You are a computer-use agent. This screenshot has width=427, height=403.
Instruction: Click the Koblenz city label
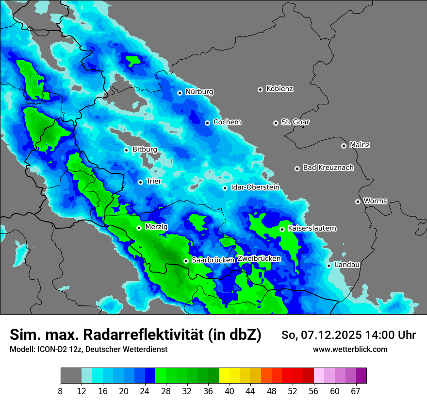click(279, 89)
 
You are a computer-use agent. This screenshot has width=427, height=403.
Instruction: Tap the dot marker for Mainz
click(344, 146)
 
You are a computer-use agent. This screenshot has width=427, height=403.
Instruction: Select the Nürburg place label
click(199, 92)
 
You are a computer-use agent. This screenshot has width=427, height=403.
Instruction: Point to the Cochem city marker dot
click(207, 123)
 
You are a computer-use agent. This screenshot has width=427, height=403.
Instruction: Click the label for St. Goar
click(295, 122)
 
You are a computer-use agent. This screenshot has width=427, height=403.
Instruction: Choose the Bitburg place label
click(145, 150)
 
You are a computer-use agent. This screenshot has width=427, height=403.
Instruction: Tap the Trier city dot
click(140, 182)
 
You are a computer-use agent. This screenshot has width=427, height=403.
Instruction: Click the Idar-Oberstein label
click(255, 187)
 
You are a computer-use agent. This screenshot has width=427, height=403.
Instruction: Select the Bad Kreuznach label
click(328, 168)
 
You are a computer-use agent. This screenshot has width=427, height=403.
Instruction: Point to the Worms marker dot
click(358, 201)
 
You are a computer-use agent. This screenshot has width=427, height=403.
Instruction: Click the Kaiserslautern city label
click(312, 228)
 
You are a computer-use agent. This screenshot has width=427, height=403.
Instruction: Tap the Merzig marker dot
click(139, 228)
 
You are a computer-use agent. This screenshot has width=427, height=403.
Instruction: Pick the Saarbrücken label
click(213, 260)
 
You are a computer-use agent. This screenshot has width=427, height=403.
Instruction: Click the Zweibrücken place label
click(259, 259)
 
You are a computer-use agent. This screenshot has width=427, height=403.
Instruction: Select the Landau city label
click(347, 265)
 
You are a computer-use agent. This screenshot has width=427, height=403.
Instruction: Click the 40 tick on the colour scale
click(230, 391)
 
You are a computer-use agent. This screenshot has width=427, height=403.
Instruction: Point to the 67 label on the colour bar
click(356, 391)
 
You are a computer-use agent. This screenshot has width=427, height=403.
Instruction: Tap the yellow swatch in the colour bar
click(224, 376)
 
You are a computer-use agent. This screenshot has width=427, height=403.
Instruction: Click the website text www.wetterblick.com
click(350, 349)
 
